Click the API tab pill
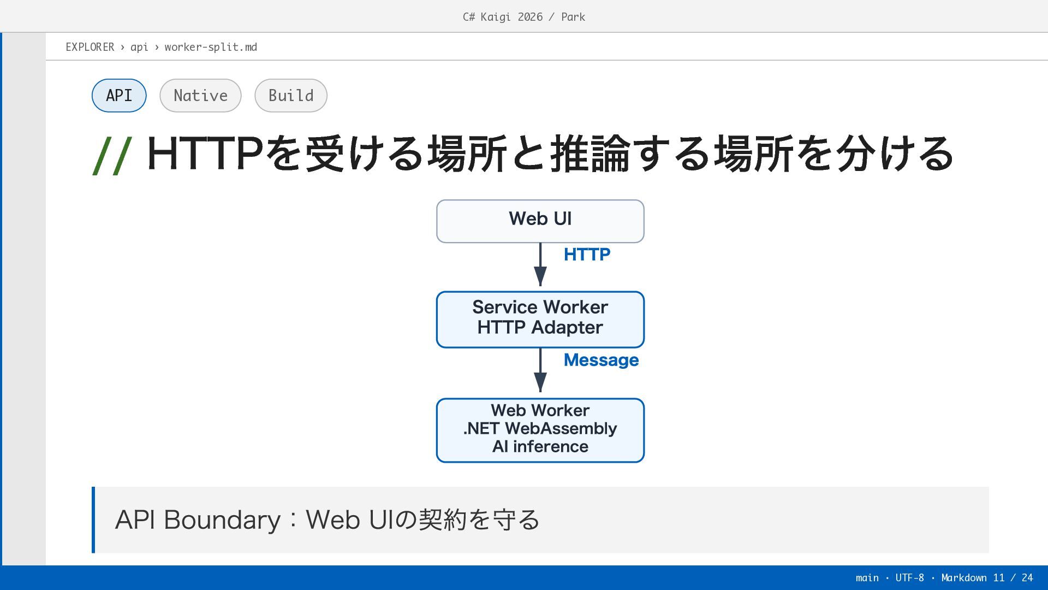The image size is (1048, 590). pyautogui.click(x=119, y=96)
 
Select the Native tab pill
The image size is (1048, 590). pyautogui.click(x=200, y=96)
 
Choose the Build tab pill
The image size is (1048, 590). pyautogui.click(x=291, y=96)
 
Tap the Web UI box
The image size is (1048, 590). pyautogui.click(x=540, y=221)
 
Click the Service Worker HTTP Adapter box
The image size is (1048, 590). pyautogui.click(x=540, y=320)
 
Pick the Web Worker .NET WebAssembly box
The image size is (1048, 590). pyautogui.click(x=540, y=430)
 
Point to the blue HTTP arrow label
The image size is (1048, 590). pyautogui.click(x=587, y=255)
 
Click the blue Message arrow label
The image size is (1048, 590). pyautogui.click(x=601, y=360)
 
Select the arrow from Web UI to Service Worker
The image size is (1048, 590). pyautogui.click(x=540, y=264)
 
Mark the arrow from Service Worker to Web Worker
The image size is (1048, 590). pyautogui.click(x=540, y=370)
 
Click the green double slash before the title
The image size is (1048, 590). pyautogui.click(x=112, y=156)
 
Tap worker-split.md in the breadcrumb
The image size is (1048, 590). pyautogui.click(x=211, y=47)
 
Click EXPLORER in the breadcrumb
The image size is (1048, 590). pyautogui.click(x=90, y=47)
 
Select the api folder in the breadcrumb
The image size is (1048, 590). pyautogui.click(x=139, y=48)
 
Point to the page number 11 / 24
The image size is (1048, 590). pyautogui.click(x=1013, y=577)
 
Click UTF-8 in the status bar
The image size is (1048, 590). pyautogui.click(x=909, y=577)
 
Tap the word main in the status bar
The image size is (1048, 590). pyautogui.click(x=867, y=577)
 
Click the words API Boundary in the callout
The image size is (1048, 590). pyautogui.click(x=198, y=520)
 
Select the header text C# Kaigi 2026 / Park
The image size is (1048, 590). pyautogui.click(x=524, y=17)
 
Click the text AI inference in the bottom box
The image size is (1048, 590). pyautogui.click(x=540, y=446)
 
